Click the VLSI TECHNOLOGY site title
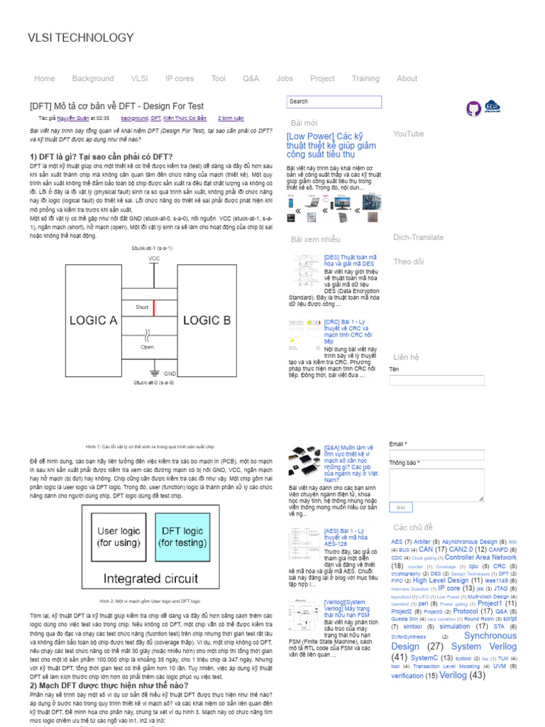80,38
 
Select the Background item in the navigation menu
93,79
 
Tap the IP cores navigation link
180,79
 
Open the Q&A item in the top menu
251,79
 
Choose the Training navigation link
365,79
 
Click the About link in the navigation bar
407,79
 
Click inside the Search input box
334,102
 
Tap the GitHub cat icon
473,108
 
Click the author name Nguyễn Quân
74,119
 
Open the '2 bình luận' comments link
231,119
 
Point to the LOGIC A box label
92,320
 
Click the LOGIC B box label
207,320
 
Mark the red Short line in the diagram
153,308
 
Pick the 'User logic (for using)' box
119,537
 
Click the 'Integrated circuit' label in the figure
151,578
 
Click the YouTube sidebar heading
409,133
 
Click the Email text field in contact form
436,455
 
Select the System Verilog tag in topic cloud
484,646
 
